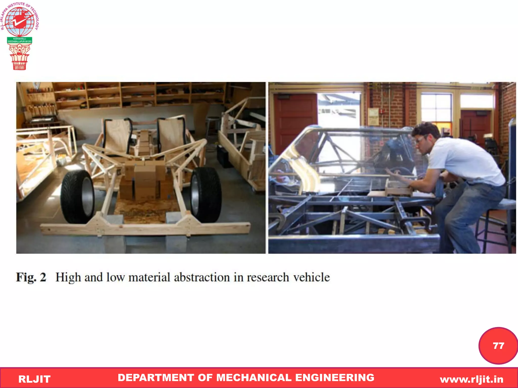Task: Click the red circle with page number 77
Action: coord(498,346)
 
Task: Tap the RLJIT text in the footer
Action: coord(34,379)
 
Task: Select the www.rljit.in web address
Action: coord(471,379)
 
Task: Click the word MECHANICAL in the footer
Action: coord(254,378)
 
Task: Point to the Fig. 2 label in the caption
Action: coord(31,277)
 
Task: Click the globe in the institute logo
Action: coord(19,21)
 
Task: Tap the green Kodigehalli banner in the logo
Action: coord(19,40)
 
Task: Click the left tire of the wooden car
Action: coord(77,197)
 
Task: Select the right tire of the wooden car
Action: coord(206,195)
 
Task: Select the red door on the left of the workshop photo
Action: coord(295,121)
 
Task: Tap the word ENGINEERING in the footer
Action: coord(335,378)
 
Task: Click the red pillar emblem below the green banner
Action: coord(19,57)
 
